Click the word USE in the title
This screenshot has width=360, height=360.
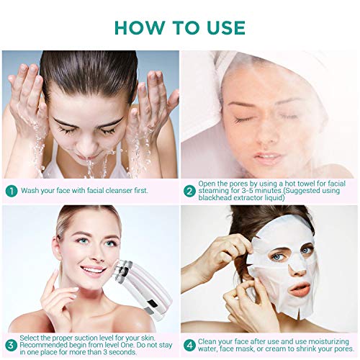pos(226,27)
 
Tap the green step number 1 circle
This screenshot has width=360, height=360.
pos(12,191)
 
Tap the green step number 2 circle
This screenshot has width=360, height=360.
pos(189,191)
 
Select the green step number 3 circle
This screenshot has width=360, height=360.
pos(12,346)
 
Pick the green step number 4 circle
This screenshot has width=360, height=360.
pos(189,346)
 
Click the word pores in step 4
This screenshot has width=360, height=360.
pos(343,348)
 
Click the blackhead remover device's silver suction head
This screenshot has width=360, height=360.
pos(123,270)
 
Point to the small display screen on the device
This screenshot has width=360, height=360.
pos(153,304)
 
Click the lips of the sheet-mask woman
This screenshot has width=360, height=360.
pos(300,288)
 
